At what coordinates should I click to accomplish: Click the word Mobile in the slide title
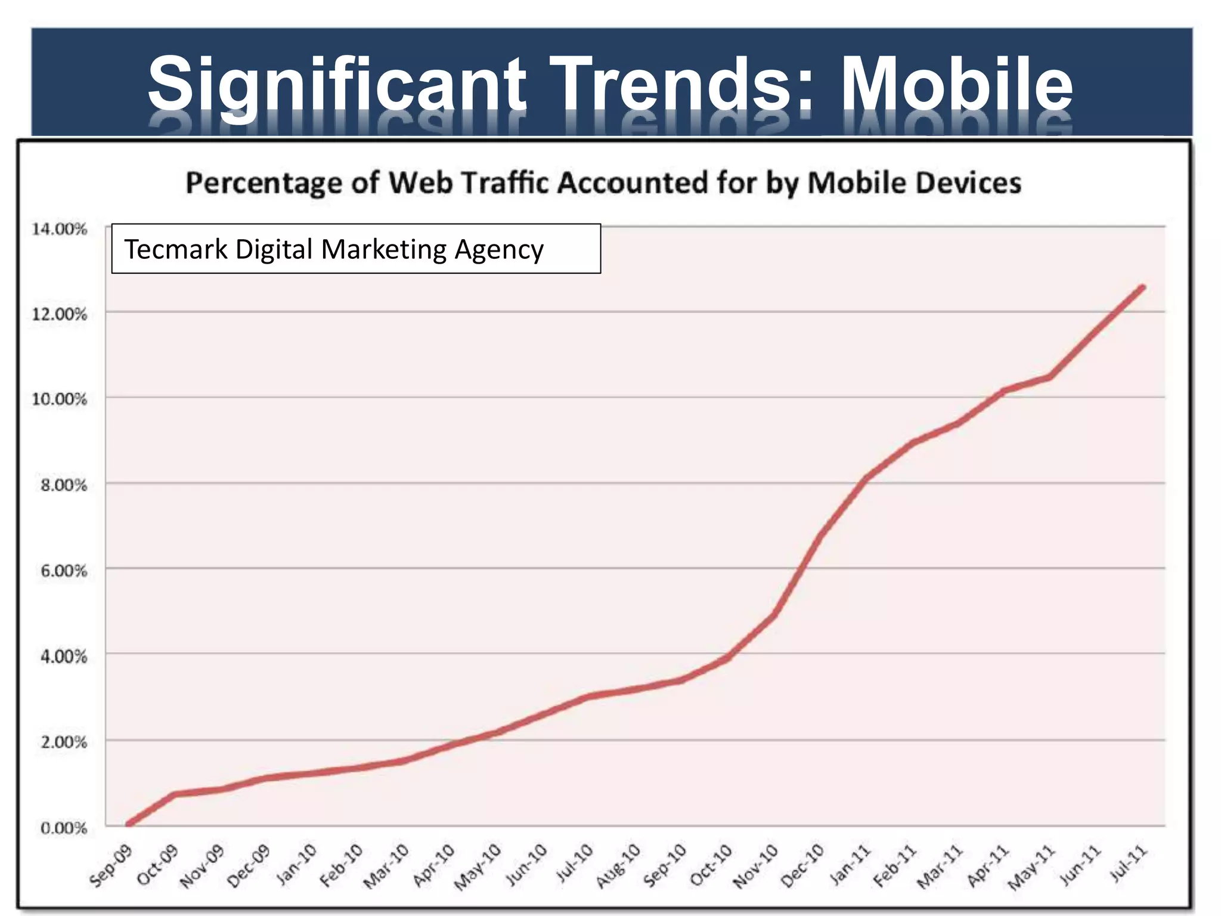tap(956, 83)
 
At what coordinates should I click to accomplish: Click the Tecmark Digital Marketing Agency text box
tap(356, 249)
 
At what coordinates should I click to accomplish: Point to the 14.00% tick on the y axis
tap(59, 229)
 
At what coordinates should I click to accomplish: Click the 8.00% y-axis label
tap(63, 485)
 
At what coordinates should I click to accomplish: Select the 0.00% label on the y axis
tap(63, 828)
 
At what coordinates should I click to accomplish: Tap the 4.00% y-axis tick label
tap(63, 657)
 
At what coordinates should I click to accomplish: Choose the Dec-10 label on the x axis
tap(802, 867)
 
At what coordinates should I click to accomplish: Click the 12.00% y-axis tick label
tap(59, 314)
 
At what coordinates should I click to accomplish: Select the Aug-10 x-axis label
tap(618, 866)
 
